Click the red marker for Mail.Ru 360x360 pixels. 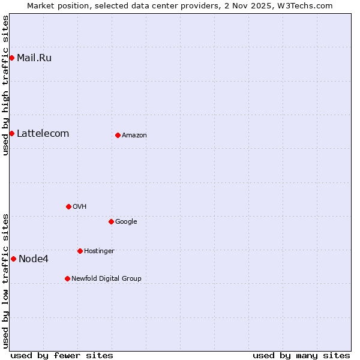tap(11, 58)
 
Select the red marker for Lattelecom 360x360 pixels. tap(11, 133)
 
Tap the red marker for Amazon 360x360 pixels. tap(118, 135)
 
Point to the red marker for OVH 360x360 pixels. tap(68, 206)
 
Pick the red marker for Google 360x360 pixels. tap(111, 221)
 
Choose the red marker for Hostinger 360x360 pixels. tap(80, 251)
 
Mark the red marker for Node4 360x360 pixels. tap(13, 259)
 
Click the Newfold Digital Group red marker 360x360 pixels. tap(67, 278)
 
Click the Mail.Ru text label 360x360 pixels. tap(34, 58)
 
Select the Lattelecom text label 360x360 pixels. tap(43, 134)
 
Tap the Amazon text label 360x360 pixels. tap(134, 136)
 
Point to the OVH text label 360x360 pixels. tap(80, 207)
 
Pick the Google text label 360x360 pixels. tap(126, 222)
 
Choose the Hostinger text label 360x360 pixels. tap(99, 251)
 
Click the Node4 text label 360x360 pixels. tap(34, 259)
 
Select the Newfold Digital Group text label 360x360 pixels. tap(106, 279)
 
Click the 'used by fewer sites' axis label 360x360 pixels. tap(62, 355)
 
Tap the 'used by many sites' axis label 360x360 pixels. tap(301, 355)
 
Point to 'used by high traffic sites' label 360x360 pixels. tap(5, 85)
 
